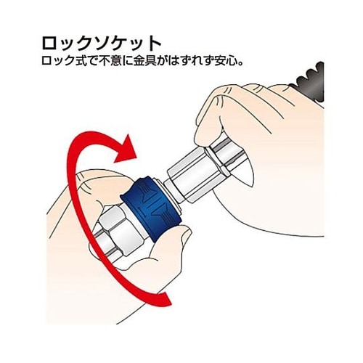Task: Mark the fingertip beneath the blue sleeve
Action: (156, 243)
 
